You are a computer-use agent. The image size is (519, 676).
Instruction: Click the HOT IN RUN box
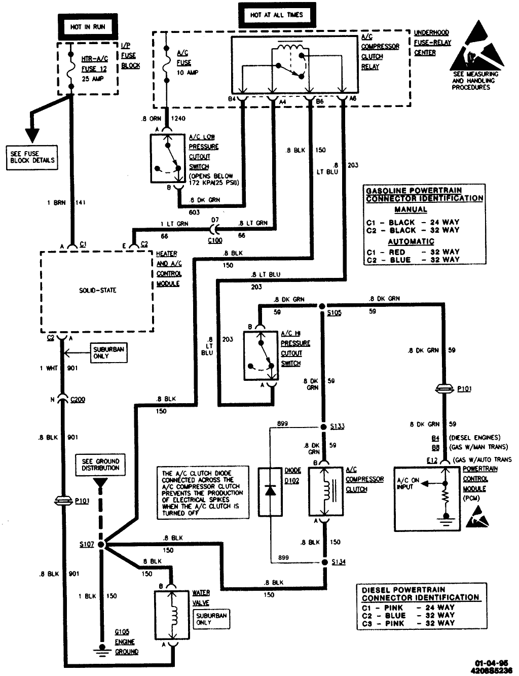coord(88,27)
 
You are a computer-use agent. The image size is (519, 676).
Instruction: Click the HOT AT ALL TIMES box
coord(276,15)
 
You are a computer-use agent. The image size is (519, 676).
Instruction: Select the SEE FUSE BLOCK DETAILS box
coord(32,157)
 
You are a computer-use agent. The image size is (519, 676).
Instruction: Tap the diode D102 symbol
coord(270,490)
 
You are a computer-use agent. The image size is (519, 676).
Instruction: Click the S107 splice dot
coord(101,544)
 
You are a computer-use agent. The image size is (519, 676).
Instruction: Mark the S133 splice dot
coord(324,426)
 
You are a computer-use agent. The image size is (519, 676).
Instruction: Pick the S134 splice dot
coord(324,562)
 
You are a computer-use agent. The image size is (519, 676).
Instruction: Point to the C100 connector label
coord(215,240)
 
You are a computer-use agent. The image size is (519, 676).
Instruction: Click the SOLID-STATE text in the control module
coord(97,290)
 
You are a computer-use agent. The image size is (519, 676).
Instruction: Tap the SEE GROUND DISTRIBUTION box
coord(100,465)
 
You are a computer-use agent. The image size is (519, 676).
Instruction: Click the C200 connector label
coord(78,400)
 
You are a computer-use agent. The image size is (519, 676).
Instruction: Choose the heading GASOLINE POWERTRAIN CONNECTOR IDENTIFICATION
coord(424,194)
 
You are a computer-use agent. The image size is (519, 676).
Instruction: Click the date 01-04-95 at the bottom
coord(489,663)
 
